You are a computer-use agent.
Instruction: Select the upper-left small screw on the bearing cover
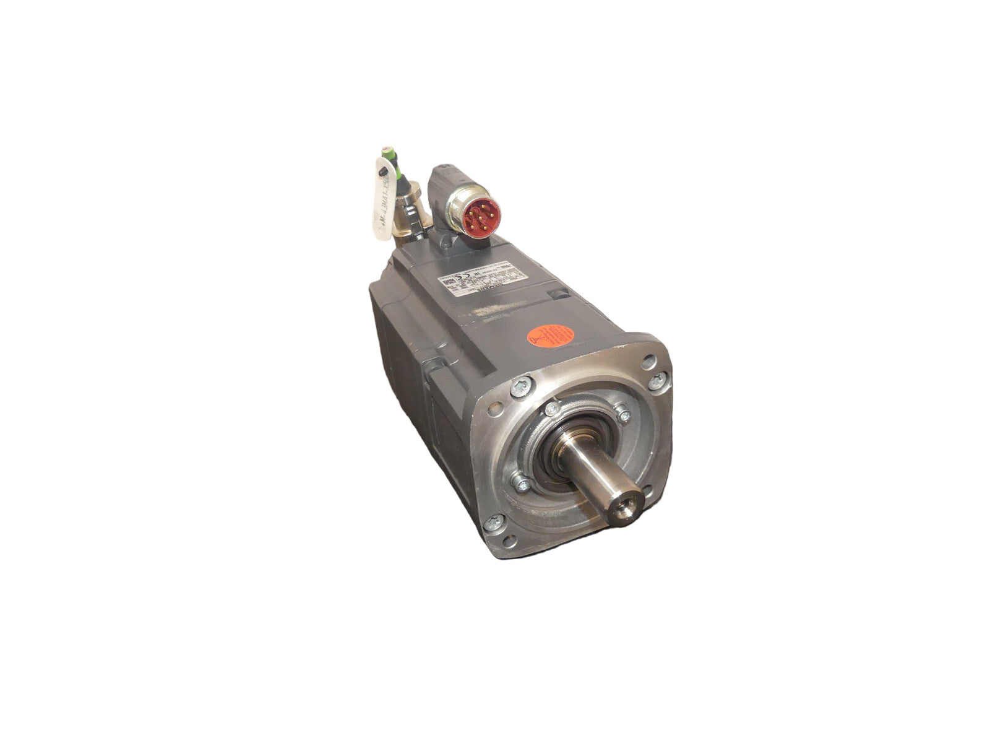coord(551,411)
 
